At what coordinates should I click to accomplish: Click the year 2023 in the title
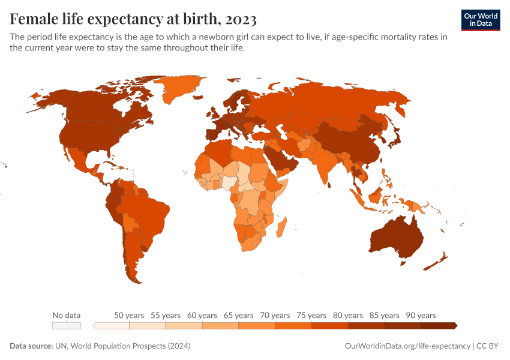(x=241, y=20)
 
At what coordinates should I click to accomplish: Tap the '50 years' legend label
(x=129, y=315)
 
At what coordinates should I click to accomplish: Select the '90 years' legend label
(x=421, y=315)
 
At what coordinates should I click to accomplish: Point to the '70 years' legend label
(x=275, y=315)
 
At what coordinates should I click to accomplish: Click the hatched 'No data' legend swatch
(x=66, y=325)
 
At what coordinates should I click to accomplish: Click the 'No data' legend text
(x=66, y=315)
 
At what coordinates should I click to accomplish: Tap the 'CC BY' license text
(x=488, y=346)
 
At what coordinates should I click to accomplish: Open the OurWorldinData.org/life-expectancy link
(x=407, y=346)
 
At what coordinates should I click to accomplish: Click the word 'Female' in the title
(x=38, y=20)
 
